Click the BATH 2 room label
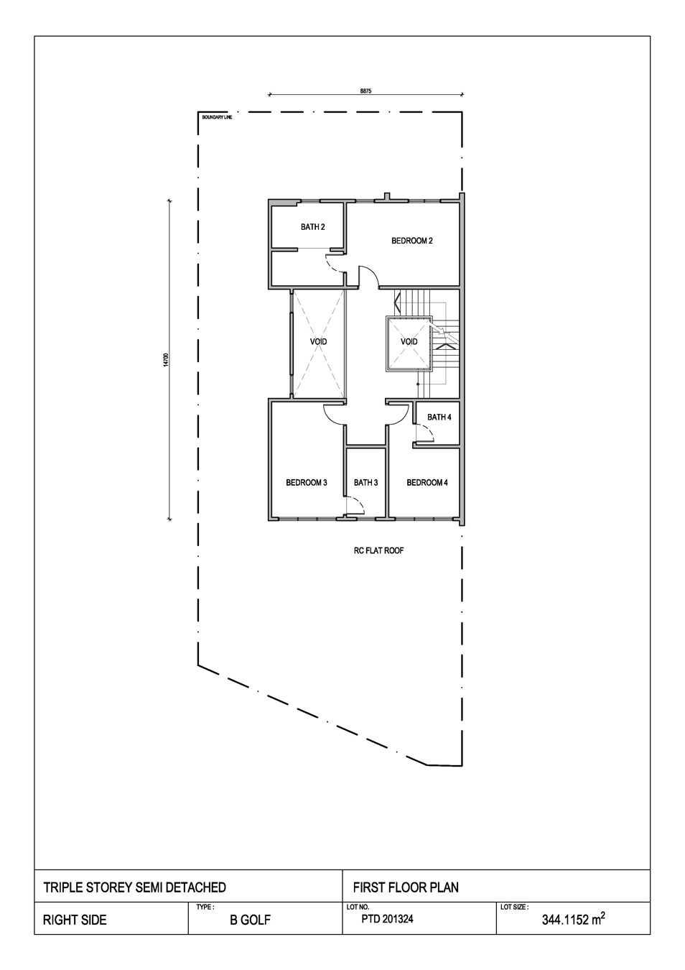click(313, 227)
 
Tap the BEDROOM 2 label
click(412, 241)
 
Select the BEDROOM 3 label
click(307, 482)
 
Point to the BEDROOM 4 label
click(427, 482)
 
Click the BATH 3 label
click(365, 482)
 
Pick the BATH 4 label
click(439, 417)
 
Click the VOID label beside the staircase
click(409, 342)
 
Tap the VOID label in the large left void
click(319, 342)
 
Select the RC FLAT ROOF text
click(378, 551)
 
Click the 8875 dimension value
click(365, 91)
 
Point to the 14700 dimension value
click(166, 360)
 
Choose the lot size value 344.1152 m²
click(574, 919)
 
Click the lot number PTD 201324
click(387, 918)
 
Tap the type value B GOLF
click(250, 920)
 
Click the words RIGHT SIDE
click(75, 920)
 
